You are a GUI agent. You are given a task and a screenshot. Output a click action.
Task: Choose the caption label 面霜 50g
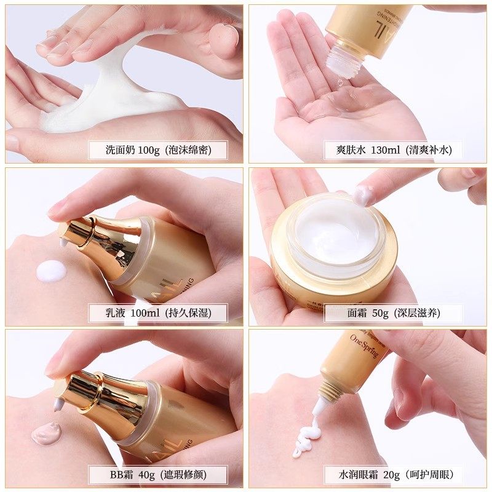coord(394,312)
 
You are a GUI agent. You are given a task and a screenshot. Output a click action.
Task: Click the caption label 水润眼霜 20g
coord(394,475)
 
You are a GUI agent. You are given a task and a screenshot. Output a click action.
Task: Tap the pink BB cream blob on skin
coord(46,434)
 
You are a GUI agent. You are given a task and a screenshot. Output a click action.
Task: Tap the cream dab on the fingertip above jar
coord(362,196)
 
